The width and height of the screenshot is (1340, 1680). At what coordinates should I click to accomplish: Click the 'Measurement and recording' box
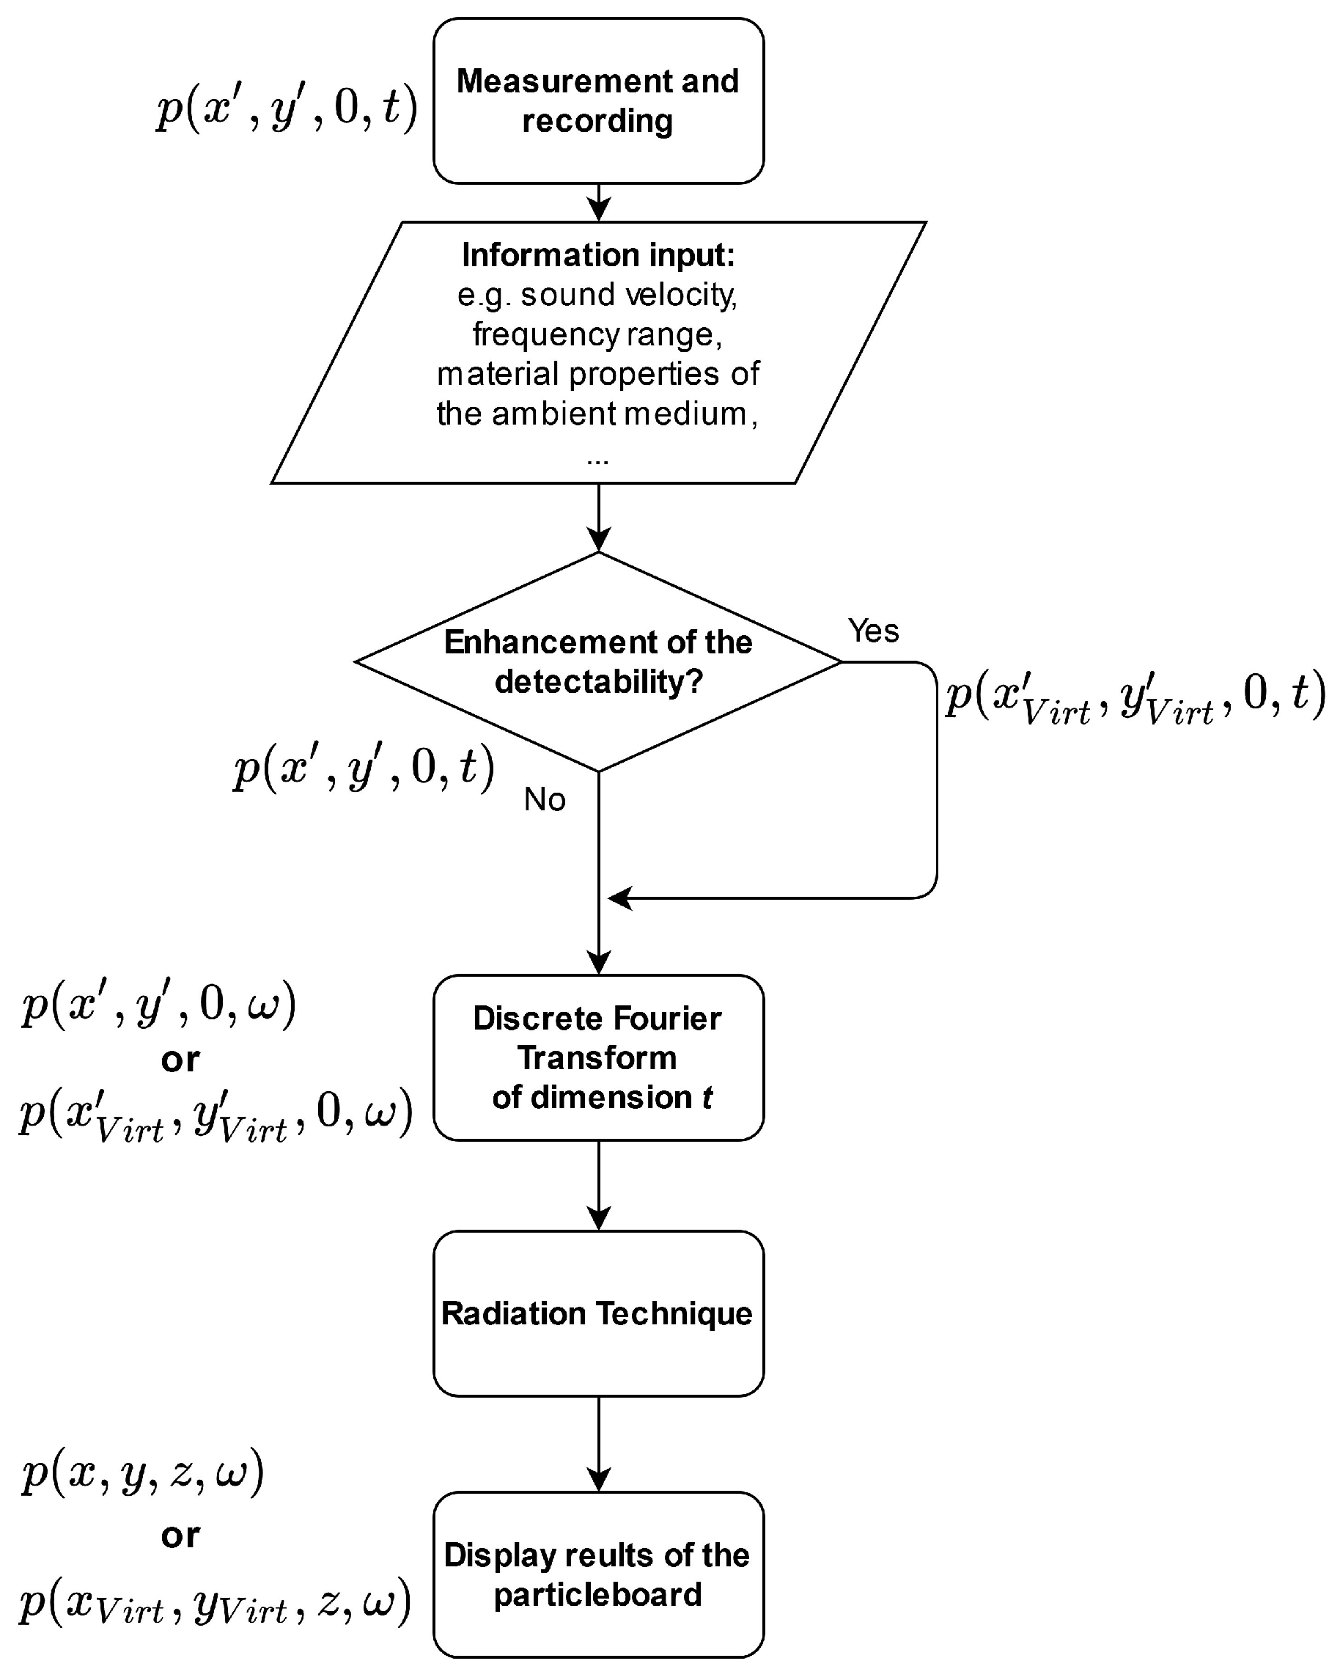597,101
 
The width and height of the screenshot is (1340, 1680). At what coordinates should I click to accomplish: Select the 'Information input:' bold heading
597,254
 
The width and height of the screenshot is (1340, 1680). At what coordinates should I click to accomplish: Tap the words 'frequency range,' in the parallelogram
597,334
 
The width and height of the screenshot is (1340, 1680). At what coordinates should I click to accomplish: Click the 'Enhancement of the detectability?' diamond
597,661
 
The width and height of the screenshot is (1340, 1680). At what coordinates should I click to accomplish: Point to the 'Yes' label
873,631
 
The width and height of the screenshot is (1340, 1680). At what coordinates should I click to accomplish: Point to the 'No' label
545,799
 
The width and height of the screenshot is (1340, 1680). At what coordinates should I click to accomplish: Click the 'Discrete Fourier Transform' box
597,1057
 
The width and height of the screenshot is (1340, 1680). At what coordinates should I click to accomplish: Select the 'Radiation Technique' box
597,1314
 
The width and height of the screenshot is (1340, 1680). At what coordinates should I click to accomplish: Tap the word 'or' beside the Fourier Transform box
180,1060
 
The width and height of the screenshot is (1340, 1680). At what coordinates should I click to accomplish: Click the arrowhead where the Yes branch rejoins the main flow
619,898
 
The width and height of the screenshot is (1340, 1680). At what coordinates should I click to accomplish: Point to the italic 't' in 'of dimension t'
707,1098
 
